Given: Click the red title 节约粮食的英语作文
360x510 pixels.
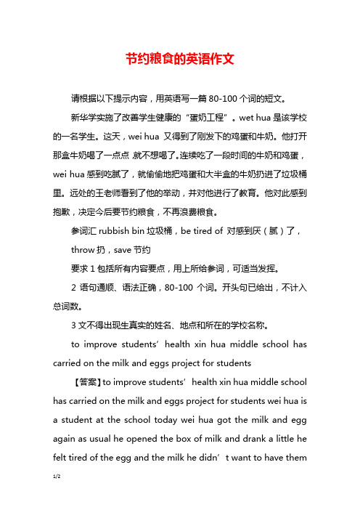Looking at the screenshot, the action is pos(179,59).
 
